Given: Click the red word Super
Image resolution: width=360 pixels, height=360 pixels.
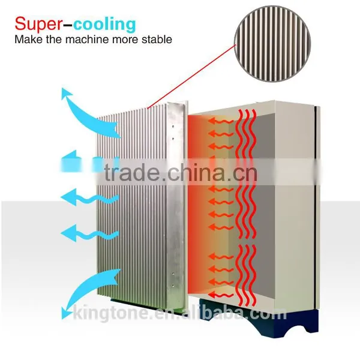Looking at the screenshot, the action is (38, 24).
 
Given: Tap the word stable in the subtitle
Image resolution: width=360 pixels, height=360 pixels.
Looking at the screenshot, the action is (157, 39).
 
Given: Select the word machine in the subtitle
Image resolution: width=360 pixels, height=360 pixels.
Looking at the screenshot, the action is (88, 39).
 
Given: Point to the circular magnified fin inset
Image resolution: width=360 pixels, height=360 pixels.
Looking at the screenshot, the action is (272, 44).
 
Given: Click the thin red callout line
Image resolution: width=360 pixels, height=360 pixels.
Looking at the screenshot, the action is (191, 76).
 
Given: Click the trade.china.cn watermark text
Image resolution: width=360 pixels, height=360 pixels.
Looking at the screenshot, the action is (181, 173).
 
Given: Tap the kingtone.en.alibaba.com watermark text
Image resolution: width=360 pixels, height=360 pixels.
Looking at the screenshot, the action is (180, 313).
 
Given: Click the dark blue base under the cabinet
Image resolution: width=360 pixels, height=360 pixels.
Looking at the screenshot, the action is (259, 319).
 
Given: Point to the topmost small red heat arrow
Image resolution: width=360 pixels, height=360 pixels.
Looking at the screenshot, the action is (221, 121).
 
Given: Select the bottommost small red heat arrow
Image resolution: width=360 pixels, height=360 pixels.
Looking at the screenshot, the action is (221, 295).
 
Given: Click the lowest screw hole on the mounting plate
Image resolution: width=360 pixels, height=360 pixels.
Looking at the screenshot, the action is (173, 286).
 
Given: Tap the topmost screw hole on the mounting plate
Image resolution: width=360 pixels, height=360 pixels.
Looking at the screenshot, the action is (173, 126).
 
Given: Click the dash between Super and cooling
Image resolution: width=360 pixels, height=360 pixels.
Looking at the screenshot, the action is (68, 25).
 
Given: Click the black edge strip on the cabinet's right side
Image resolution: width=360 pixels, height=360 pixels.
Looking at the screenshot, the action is (317, 206).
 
